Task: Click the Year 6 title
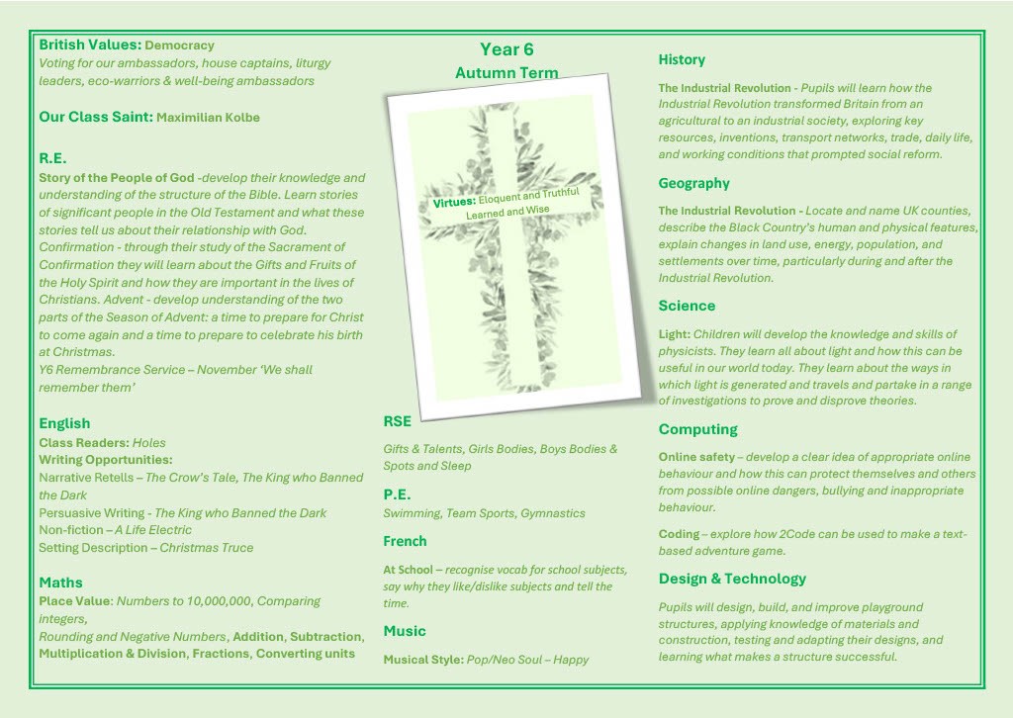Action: (506, 49)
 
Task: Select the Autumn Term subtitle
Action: (506, 73)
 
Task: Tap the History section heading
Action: (682, 59)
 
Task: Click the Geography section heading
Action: (694, 183)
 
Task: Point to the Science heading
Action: (687, 306)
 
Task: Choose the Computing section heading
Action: (698, 429)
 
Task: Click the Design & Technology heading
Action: (732, 579)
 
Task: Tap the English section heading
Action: (64, 423)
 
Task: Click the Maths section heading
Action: (61, 583)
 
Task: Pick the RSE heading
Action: (398, 421)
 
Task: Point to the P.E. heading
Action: (397, 494)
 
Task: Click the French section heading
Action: (406, 541)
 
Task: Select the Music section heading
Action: (405, 631)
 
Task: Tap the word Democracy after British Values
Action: (179, 45)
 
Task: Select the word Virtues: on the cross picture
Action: (455, 203)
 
